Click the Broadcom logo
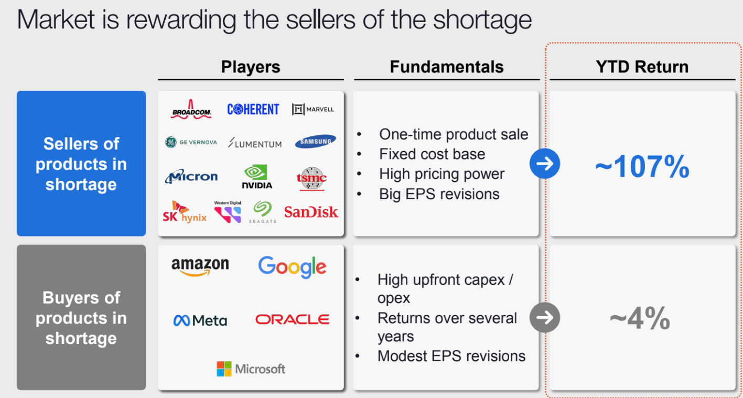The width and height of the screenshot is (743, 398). pos(191,109)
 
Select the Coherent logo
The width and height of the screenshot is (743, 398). pos(253,109)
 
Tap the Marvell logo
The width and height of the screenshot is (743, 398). pos(313,109)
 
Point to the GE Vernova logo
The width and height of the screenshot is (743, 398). pos(191,142)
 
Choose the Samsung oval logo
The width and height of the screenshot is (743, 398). pos(315,141)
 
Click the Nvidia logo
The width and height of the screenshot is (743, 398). pos(257,177)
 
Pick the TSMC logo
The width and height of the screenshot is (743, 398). pos(311,179)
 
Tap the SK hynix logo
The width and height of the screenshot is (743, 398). pos(185,212)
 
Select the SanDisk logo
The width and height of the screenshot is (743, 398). pos(311,212)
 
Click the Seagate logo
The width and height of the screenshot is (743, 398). pos(263,212)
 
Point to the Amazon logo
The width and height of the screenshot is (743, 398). pos(200,266)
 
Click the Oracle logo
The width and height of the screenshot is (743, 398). pos(292,319)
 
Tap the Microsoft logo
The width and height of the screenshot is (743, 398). pos(251,369)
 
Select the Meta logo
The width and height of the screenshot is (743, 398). pos(200,320)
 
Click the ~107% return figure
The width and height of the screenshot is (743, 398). pos(642,166)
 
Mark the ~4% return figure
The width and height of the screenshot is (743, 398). pos(640,318)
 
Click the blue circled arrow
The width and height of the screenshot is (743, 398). pos(545,164)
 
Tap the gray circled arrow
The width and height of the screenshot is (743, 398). pos(545,317)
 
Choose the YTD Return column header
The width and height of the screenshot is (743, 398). pos(642,67)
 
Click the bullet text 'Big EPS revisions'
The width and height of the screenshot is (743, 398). pos(439,194)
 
